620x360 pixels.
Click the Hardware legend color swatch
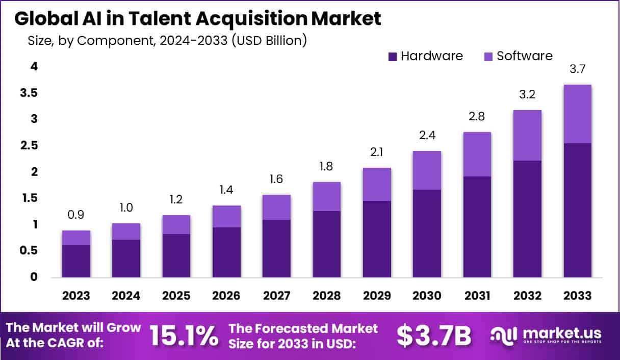(x=392, y=57)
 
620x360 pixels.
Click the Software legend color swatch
(x=488, y=57)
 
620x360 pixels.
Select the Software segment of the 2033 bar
(x=577, y=114)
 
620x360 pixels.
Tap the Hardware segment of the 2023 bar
(x=76, y=261)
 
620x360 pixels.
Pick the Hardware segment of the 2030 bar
(x=427, y=234)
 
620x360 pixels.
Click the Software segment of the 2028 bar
(x=326, y=196)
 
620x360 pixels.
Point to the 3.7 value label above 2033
(x=577, y=70)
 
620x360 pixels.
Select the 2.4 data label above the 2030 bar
(x=427, y=136)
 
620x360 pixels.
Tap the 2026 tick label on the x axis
(x=226, y=296)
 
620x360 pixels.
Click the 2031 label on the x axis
(x=477, y=296)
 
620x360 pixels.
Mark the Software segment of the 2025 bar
(x=176, y=224)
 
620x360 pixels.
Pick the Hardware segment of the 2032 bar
(x=527, y=219)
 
